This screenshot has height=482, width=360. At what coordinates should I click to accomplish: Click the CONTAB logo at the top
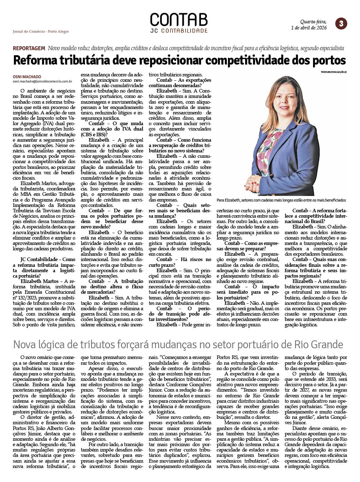(x=178, y=20)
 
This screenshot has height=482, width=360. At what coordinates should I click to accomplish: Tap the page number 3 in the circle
(x=341, y=24)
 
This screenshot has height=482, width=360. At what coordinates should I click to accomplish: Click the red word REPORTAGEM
(x=29, y=48)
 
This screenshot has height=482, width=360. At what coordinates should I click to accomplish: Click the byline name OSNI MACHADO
(x=27, y=77)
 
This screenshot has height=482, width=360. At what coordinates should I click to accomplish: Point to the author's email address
(x=42, y=81)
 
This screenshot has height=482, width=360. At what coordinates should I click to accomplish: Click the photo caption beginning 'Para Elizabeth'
(x=281, y=200)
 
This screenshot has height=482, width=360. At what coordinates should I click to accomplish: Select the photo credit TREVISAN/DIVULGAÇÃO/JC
(x=334, y=72)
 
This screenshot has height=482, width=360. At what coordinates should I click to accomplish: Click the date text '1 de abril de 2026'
(x=309, y=28)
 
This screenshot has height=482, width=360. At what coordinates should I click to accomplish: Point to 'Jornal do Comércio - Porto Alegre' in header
(x=41, y=32)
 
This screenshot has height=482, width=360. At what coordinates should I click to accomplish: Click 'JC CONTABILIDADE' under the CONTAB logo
(x=179, y=31)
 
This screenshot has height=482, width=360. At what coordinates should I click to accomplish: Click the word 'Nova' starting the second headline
(x=25, y=345)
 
